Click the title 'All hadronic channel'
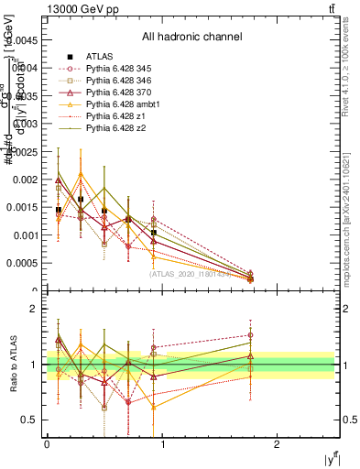191,38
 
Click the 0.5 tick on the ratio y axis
31,420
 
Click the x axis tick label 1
163,443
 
